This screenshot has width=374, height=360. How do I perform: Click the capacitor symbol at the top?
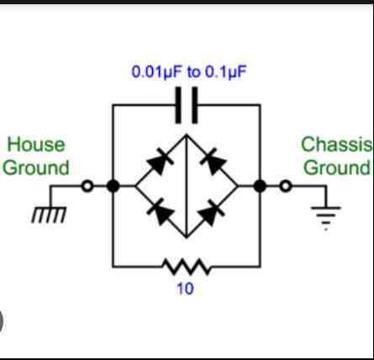click(187, 105)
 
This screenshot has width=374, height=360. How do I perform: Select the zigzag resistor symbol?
click(187, 267)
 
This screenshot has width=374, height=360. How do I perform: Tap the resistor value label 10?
click(185, 289)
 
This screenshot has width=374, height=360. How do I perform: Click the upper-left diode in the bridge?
click(160, 161)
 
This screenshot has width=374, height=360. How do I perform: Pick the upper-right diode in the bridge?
click(213, 161)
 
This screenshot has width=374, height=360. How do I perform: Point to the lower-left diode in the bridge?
click(161, 212)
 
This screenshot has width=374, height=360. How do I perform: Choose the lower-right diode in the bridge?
click(212, 213)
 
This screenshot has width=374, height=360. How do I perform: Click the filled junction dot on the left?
click(113, 186)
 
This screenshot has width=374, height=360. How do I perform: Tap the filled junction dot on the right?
click(260, 186)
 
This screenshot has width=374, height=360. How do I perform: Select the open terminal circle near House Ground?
click(87, 186)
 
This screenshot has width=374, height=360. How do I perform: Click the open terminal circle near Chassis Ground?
click(286, 186)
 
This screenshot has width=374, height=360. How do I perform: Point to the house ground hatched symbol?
click(50, 214)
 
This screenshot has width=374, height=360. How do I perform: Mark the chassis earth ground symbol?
click(326, 218)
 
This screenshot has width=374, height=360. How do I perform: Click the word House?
click(36, 145)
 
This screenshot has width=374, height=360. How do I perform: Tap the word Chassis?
click(337, 145)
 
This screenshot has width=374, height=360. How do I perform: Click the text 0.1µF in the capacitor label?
click(226, 72)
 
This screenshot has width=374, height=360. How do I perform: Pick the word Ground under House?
click(36, 168)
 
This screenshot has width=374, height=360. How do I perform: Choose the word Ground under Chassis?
click(337, 167)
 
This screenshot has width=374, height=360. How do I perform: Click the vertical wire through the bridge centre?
click(187, 186)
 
